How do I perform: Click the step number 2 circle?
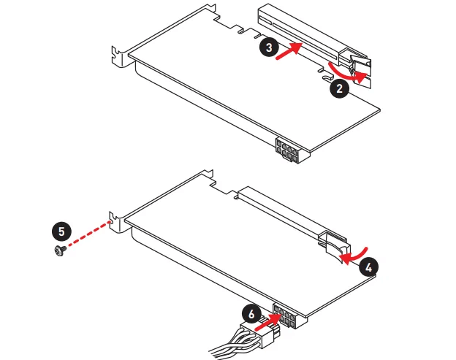[x=339, y=88]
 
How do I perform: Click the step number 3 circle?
[x=269, y=47]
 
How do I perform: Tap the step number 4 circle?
[x=368, y=267]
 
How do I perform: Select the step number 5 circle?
[x=61, y=231]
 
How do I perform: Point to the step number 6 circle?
[x=251, y=314]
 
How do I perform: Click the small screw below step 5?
[x=60, y=250]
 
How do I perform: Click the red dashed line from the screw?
[x=88, y=234]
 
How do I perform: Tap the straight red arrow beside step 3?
[x=289, y=50]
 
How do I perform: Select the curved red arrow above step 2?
[x=348, y=72]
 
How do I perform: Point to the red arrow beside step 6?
[x=267, y=322]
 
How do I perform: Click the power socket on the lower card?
[x=289, y=316]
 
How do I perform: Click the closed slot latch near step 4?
[x=335, y=246]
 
